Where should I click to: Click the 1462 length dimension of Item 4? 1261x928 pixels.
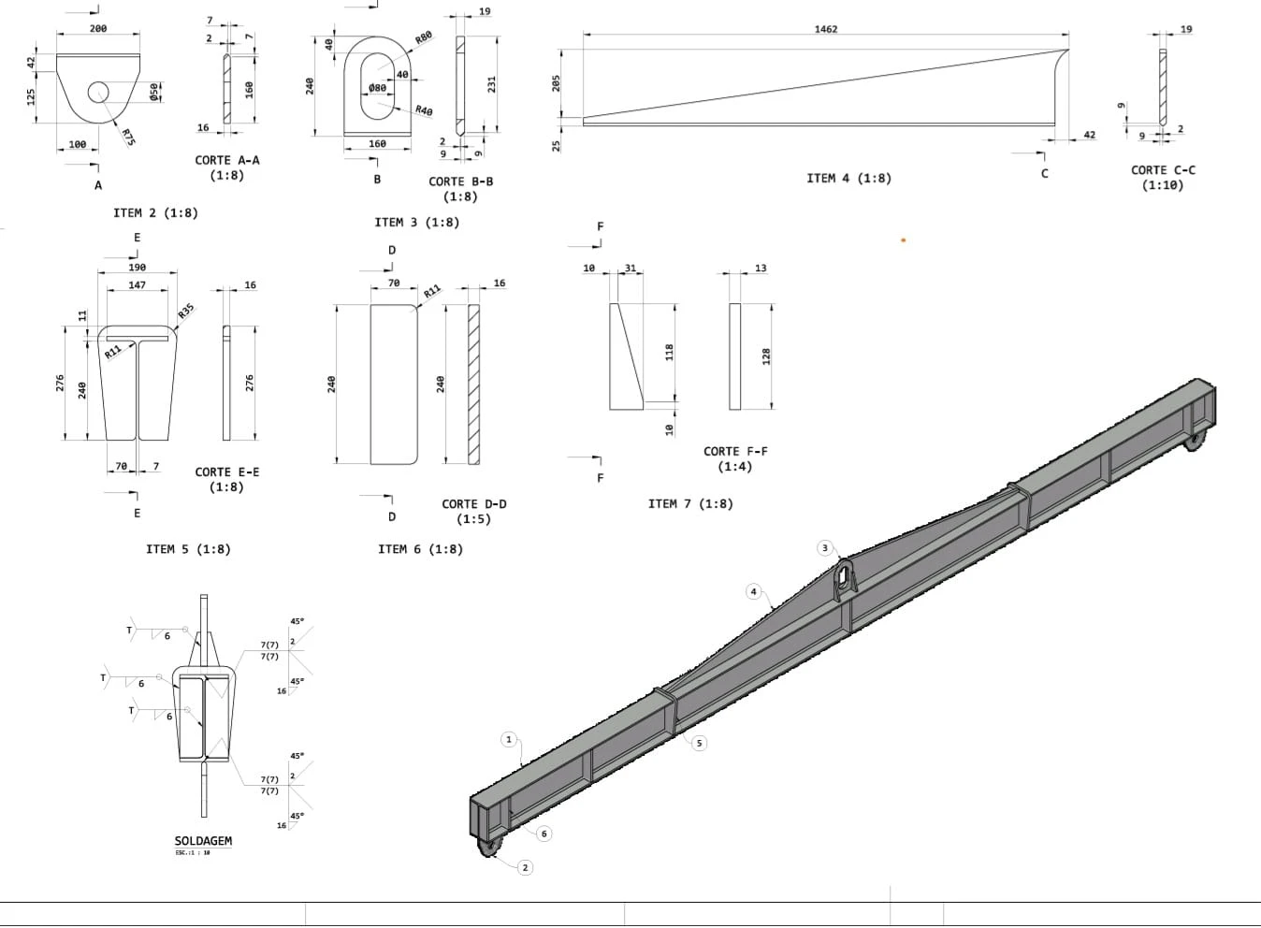click(x=826, y=29)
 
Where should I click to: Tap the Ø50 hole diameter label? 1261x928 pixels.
click(x=154, y=93)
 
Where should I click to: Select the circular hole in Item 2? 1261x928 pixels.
click(x=98, y=92)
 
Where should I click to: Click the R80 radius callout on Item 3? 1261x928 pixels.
click(x=424, y=37)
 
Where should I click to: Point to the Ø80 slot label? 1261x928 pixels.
click(x=377, y=88)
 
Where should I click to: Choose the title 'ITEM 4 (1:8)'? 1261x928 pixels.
click(x=848, y=179)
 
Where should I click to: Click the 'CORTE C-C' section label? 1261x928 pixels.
click(x=1163, y=170)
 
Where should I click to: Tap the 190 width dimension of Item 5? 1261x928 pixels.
click(x=138, y=268)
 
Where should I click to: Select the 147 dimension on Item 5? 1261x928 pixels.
click(x=138, y=285)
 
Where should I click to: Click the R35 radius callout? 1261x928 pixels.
click(x=186, y=311)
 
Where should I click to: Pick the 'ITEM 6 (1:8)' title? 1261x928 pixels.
click(x=421, y=549)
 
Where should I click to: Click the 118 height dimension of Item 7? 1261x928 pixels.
click(x=670, y=352)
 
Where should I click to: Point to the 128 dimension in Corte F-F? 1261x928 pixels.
click(x=765, y=356)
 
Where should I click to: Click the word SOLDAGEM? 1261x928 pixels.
click(x=203, y=841)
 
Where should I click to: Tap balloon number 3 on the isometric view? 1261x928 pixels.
click(x=825, y=548)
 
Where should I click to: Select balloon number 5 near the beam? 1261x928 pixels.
click(x=699, y=743)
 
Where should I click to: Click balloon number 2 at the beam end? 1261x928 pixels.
click(x=525, y=867)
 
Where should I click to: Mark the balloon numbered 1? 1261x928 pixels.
click(x=509, y=739)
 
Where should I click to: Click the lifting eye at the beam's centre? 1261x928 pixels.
click(x=844, y=579)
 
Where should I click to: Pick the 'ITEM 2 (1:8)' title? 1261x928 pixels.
click(x=156, y=213)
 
